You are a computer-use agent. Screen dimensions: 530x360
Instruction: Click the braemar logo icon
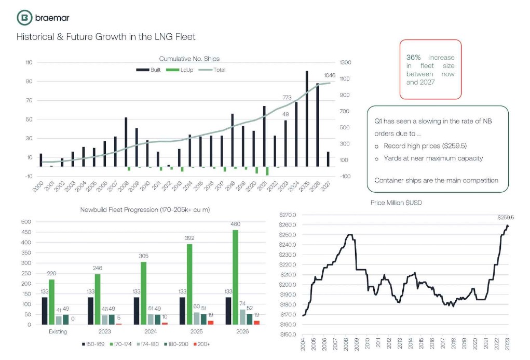coord(25,18)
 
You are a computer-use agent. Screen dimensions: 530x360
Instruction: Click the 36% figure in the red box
coord(413,57)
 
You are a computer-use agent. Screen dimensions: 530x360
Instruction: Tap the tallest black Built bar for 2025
coord(307,119)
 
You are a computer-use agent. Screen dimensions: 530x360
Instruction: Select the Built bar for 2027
coord(328,159)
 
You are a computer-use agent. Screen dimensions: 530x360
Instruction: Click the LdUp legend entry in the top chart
coord(180,70)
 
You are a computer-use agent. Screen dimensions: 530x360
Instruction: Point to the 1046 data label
coord(330,75)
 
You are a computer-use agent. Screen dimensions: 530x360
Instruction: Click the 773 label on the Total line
coord(287,98)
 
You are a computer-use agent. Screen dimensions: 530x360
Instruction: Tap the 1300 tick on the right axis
coord(345,62)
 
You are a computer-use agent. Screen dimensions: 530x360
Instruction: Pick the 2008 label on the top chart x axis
coord(123,186)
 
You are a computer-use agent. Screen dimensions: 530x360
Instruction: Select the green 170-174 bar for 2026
coord(236,277)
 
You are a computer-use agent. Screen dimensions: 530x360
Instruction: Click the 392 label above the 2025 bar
coord(189,238)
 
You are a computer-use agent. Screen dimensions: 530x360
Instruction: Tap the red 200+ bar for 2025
coord(211,323)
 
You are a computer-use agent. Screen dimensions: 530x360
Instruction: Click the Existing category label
coord(58,331)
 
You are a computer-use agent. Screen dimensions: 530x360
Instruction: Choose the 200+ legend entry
coord(201,344)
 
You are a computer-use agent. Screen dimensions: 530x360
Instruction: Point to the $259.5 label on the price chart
coord(506,217)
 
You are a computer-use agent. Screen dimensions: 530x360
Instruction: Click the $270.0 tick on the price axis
coord(288,215)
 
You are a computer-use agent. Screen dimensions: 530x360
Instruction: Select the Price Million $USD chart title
coord(396,203)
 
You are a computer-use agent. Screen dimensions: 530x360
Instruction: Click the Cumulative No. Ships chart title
coord(189,59)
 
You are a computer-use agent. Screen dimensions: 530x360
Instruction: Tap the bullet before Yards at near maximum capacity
coord(376,158)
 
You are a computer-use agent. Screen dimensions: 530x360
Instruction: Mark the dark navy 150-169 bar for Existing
coord(45,311)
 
